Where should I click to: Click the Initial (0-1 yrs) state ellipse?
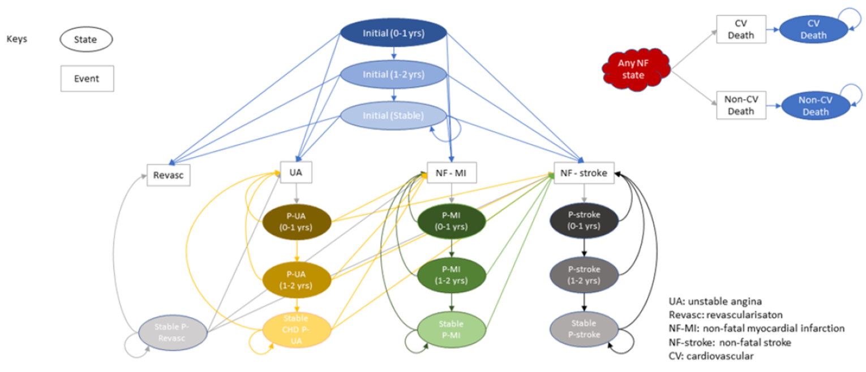tap(393, 33)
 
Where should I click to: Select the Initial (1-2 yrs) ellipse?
tap(393, 75)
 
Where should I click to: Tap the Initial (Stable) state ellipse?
tap(393, 116)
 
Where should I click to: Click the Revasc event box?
tap(168, 175)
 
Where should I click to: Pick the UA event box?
tap(296, 172)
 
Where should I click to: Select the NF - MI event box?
tap(451, 172)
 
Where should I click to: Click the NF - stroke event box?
tap(584, 174)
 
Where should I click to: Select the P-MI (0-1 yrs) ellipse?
tap(451, 221)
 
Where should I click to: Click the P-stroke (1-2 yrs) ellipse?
tap(584, 275)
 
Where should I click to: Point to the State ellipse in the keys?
tap(86, 40)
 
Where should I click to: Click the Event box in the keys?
tap(87, 79)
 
